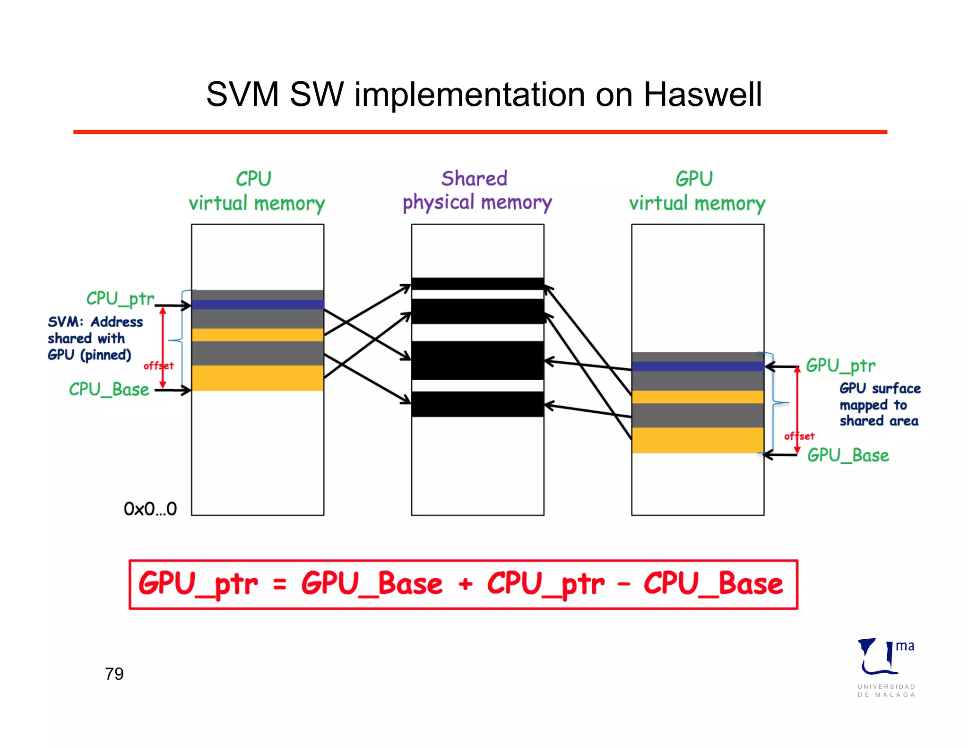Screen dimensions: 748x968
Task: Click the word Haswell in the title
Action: [702, 95]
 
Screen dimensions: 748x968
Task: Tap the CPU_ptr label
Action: [120, 299]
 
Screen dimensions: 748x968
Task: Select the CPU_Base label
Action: [109, 390]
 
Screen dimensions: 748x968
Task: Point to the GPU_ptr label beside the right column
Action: [840, 365]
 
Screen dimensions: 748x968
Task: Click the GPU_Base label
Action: [848, 455]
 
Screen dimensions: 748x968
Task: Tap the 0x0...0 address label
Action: [150, 509]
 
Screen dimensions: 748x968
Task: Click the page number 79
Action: [114, 674]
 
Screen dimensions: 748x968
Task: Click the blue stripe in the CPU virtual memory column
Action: [258, 304]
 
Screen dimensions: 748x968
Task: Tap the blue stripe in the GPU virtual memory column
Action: [698, 366]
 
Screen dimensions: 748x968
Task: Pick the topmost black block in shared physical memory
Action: [477, 284]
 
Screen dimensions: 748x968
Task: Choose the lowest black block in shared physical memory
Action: [477, 404]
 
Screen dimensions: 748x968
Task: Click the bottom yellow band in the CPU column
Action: [258, 378]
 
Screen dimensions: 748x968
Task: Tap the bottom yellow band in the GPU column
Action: [698, 440]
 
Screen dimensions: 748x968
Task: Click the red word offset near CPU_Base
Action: [158, 365]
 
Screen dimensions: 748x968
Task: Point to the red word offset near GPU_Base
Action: [799, 436]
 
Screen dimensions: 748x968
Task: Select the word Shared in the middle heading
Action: [474, 179]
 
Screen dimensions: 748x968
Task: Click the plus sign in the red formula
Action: [465, 584]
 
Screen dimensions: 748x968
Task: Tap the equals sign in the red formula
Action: [280, 585]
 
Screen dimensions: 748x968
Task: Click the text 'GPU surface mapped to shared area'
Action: [879, 405]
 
